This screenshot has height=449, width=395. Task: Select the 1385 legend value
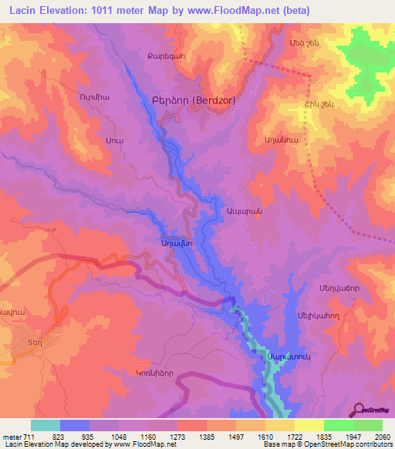[206, 436]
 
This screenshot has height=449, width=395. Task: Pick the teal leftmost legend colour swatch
[46, 425]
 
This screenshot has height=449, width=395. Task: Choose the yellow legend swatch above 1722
[279, 425]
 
